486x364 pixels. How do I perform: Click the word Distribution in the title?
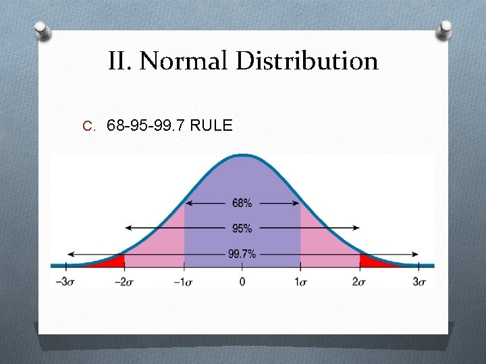coord(307,61)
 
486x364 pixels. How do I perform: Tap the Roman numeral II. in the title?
coord(121,61)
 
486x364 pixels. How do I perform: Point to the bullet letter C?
coord(88,126)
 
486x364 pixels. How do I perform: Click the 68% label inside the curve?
coord(242,203)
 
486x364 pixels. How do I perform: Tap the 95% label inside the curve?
coord(242,229)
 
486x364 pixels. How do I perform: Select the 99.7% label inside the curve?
coord(242,253)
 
